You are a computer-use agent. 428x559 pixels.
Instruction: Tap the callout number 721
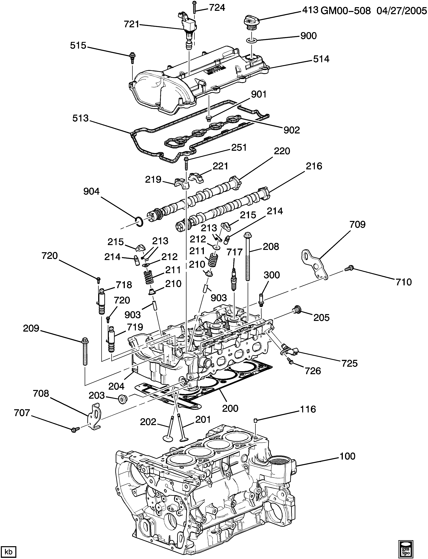(131, 24)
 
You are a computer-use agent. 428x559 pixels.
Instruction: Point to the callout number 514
(321, 59)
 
